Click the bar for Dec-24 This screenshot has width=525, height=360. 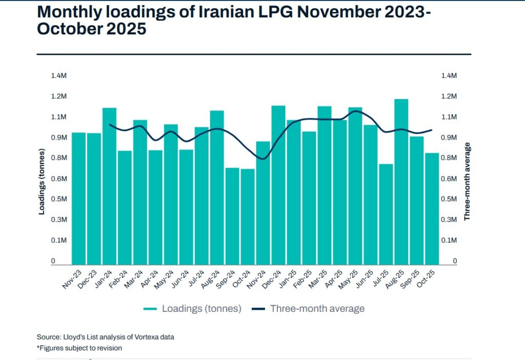click(278, 185)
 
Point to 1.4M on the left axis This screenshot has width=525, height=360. click(58, 76)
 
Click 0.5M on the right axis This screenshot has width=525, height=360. click(449, 199)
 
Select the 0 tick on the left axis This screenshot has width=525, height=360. click(53, 262)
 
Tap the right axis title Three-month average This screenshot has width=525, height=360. click(467, 182)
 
